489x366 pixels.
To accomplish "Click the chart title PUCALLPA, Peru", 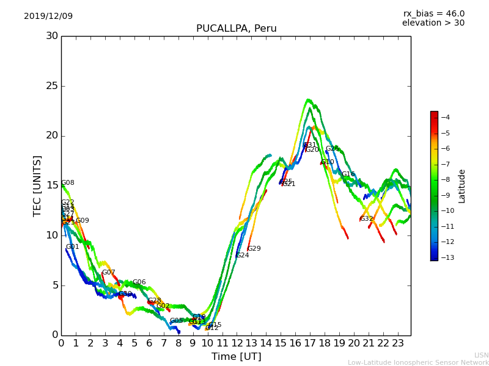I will click(x=236, y=29).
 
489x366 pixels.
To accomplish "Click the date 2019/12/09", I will click(x=48, y=16).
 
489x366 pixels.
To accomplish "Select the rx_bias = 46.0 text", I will click(x=433, y=13).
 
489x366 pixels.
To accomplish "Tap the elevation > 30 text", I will click(x=433, y=23).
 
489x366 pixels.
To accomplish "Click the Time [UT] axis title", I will click(x=236, y=356).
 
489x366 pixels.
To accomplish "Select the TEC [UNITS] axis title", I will click(x=38, y=185).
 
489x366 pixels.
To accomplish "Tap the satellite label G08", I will click(x=68, y=183).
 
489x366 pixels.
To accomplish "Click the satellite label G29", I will click(x=254, y=249).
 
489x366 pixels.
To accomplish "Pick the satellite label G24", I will click(x=243, y=256).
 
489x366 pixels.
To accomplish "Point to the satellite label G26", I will click(x=332, y=149).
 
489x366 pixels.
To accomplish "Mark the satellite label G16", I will click(x=348, y=174).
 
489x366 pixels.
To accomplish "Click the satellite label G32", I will click(x=366, y=219).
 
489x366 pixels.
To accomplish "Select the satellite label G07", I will click(x=108, y=273).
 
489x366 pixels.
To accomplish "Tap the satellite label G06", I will click(x=139, y=282).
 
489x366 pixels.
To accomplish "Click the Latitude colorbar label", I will click(x=462, y=186).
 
